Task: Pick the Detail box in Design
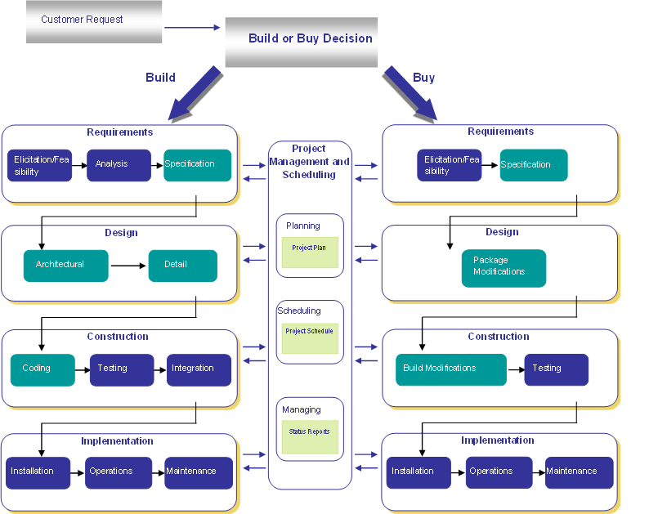(182, 265)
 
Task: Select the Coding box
(43, 369)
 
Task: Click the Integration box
(199, 369)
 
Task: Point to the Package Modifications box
(503, 267)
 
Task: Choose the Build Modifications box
(451, 369)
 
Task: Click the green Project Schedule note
(310, 336)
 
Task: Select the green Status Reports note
(310, 436)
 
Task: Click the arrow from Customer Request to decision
(192, 28)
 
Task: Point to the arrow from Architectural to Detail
(128, 266)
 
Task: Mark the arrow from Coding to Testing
(82, 369)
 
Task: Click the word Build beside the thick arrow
(160, 78)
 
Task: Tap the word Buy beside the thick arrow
(423, 78)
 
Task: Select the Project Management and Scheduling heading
(310, 161)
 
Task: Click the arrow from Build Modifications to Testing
(516, 369)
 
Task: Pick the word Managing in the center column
(302, 409)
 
